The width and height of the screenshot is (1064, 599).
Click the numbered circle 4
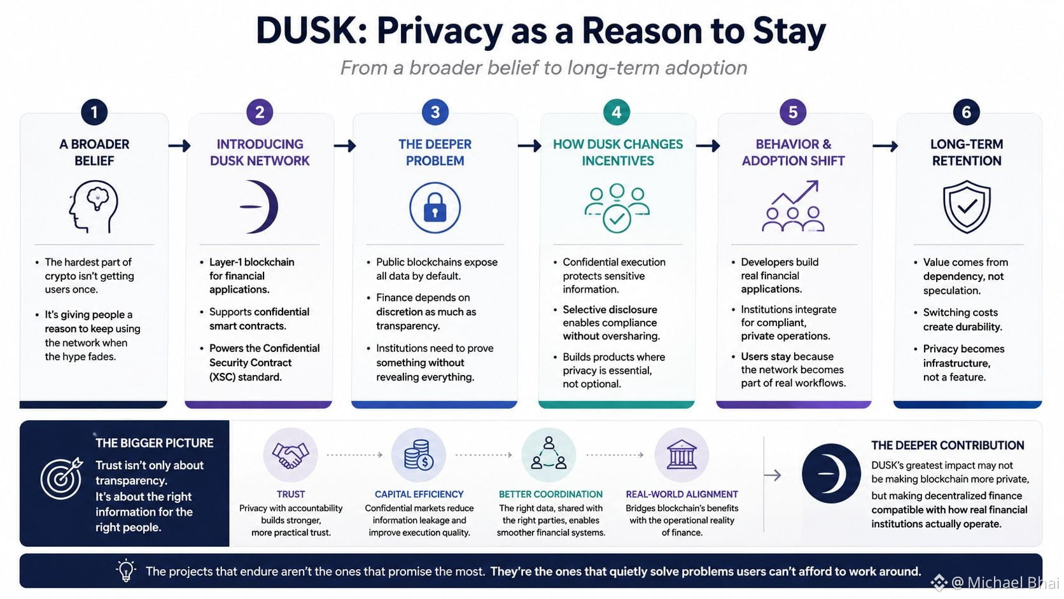(617, 112)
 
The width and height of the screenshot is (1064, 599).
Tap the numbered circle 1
(94, 112)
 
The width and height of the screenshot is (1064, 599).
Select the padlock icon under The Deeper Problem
(435, 208)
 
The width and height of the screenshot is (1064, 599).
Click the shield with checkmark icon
(967, 206)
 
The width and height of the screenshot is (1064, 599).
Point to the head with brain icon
(94, 206)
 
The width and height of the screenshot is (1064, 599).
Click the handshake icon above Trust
(290, 455)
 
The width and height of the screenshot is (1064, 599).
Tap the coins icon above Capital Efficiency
(419, 455)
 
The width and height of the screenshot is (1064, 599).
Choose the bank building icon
(682, 455)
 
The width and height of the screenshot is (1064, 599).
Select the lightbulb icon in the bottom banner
(126, 570)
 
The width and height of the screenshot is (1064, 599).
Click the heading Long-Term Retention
(967, 153)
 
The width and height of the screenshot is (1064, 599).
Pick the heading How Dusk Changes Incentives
(617, 153)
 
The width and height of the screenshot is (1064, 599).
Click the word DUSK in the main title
(311, 31)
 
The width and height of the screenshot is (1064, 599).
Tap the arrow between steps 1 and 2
(179, 146)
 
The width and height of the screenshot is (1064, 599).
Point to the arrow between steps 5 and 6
(885, 146)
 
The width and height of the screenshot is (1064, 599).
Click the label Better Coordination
(550, 494)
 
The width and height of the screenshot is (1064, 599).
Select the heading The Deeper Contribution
(947, 445)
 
